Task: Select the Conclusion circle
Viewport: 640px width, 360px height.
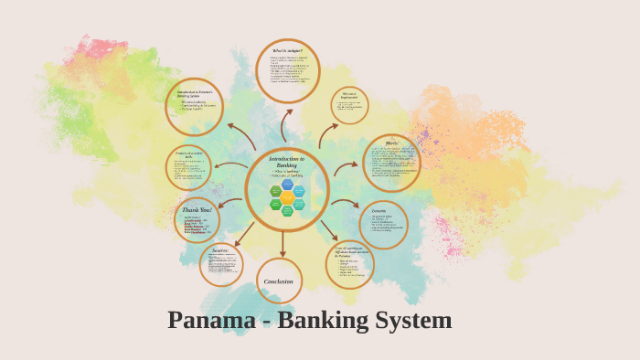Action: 279,281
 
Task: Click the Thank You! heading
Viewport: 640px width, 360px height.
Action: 197,209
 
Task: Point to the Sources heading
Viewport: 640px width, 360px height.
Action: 220,249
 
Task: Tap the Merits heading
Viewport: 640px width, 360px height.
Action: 391,143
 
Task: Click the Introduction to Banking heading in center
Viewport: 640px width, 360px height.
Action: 286,162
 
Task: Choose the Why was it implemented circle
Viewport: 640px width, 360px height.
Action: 349,105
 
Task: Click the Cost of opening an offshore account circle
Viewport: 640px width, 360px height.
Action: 350,264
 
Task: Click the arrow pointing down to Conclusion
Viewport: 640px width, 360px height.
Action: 283,245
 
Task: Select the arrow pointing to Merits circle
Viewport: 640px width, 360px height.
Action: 346,168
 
